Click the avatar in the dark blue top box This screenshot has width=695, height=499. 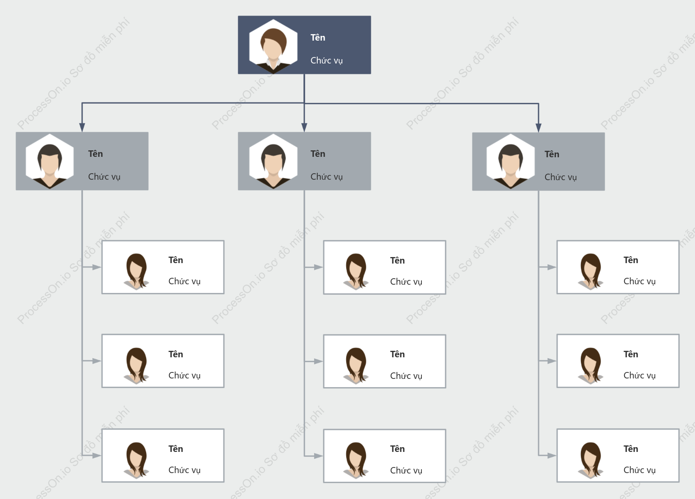coord(273,47)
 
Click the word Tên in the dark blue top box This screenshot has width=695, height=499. coord(318,38)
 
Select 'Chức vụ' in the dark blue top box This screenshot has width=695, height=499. coord(326,60)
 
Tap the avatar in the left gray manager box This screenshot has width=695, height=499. coord(50,161)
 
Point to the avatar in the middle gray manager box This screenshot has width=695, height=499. coord(273,161)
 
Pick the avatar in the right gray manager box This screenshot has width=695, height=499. coord(510,162)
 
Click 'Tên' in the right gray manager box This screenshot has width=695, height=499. coord(552,154)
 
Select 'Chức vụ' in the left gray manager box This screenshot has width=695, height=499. coord(104,177)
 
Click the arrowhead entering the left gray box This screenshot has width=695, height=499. coord(82,127)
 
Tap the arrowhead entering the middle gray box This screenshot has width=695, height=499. coord(304,127)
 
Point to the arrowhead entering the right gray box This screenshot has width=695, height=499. coord(538,128)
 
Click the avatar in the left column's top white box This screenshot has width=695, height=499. coord(136,271)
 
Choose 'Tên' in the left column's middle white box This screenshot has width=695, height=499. coord(175,354)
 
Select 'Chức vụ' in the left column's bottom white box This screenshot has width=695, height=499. coord(184,470)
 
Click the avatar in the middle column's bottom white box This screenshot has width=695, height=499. coord(356,460)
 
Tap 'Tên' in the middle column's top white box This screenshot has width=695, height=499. coord(398,261)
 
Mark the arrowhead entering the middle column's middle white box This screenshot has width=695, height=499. coord(319,361)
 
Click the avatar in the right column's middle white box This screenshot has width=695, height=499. coord(590,366)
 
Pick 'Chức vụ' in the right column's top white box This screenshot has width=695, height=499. coord(640,281)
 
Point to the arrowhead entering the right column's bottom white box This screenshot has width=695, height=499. coord(552,456)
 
